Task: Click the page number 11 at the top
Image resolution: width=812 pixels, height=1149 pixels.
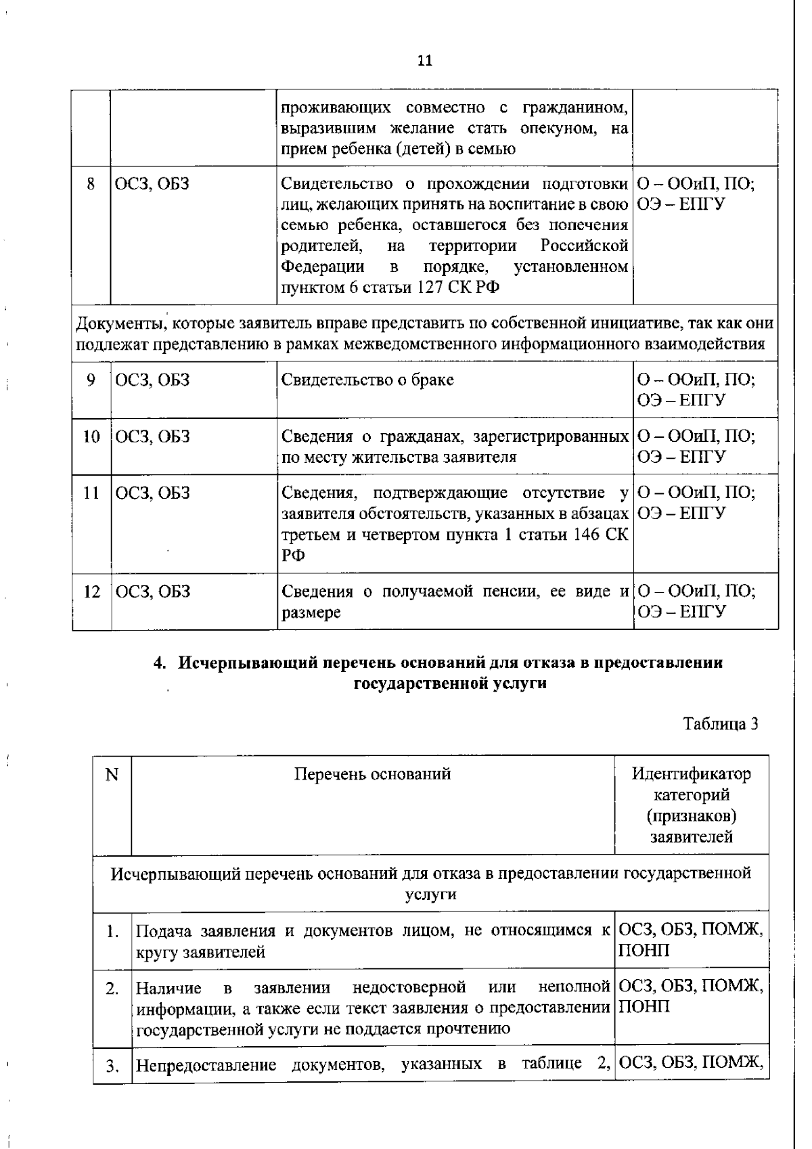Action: (x=424, y=61)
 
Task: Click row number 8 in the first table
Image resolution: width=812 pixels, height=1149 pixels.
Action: (x=91, y=183)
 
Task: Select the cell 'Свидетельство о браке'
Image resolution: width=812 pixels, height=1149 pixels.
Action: (x=367, y=380)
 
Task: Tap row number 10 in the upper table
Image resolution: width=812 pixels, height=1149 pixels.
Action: (x=91, y=436)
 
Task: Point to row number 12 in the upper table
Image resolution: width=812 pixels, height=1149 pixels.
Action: (x=91, y=592)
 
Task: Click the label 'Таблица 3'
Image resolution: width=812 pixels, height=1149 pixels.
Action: (x=720, y=724)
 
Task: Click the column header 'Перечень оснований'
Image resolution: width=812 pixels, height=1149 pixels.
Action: (x=372, y=773)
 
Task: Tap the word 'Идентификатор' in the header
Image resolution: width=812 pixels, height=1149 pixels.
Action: (x=691, y=773)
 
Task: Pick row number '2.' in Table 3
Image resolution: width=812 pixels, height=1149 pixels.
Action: (x=112, y=989)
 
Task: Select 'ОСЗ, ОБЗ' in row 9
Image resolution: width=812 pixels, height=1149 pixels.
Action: (x=152, y=380)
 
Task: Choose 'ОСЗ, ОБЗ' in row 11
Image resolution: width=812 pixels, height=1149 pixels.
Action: (x=152, y=493)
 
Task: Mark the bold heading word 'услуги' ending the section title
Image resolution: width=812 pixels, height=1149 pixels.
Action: (x=519, y=683)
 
